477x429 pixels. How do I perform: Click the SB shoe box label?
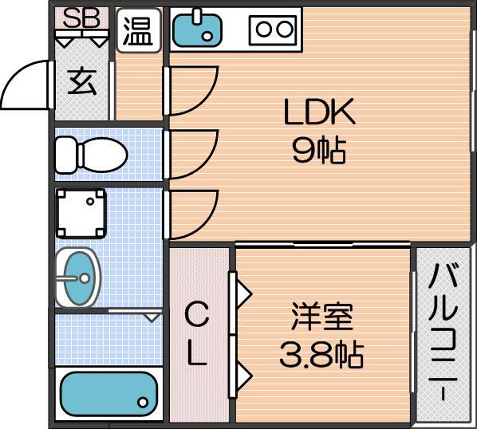coord(81,18)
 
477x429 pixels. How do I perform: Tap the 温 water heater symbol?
coord(139,30)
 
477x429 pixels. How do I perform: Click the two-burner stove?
coord(273,30)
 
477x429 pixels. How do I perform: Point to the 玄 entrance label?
coord(82,82)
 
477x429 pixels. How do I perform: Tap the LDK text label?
coord(319,112)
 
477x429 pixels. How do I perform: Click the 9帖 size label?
coord(319,152)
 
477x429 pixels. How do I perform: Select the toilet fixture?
coord(91,155)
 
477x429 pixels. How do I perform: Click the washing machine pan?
coord(81,213)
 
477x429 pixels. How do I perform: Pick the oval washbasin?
coord(78,277)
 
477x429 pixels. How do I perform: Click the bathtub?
coord(108,394)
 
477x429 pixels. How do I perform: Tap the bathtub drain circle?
coord(143,402)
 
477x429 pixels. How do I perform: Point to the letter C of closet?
coord(197,314)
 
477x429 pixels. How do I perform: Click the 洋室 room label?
coord(321,317)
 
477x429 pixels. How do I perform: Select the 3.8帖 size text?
coord(321,356)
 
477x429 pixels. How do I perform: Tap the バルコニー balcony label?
coord(443,332)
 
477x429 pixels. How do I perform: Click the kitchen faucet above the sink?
coord(198,17)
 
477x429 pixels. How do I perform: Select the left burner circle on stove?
coord(263,30)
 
